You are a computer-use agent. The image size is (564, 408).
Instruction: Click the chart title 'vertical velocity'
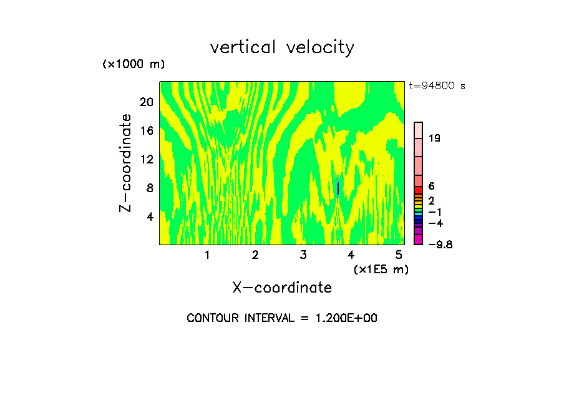(x=282, y=47)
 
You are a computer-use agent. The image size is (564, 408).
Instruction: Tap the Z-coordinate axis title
(x=126, y=163)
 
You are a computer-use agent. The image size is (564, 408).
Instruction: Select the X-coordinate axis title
(x=282, y=288)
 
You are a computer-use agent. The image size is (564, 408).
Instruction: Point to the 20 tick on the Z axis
(x=146, y=102)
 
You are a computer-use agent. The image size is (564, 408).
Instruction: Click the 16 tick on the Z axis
(x=146, y=131)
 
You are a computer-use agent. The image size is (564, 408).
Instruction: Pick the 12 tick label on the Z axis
(x=146, y=159)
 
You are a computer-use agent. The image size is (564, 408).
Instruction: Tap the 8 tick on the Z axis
(x=149, y=188)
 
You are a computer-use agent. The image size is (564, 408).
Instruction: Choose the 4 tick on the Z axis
(x=149, y=216)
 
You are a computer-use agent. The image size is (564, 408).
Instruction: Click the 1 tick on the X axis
(x=207, y=255)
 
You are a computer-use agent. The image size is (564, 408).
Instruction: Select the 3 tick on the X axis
(x=303, y=255)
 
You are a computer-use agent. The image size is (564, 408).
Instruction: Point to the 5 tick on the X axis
(x=399, y=255)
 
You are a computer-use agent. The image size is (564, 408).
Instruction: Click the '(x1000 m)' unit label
(x=133, y=64)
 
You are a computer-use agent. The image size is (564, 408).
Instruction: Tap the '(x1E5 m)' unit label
(x=381, y=269)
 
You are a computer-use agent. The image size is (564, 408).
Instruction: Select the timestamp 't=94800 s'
(x=437, y=86)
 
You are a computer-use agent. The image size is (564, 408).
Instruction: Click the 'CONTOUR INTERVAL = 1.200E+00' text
(x=282, y=318)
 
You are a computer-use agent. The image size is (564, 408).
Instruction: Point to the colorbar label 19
(x=434, y=138)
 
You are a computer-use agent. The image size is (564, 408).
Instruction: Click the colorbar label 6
(x=431, y=186)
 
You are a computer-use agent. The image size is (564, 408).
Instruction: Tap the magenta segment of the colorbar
(x=419, y=240)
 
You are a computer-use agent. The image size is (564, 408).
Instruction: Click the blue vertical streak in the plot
(x=338, y=187)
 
